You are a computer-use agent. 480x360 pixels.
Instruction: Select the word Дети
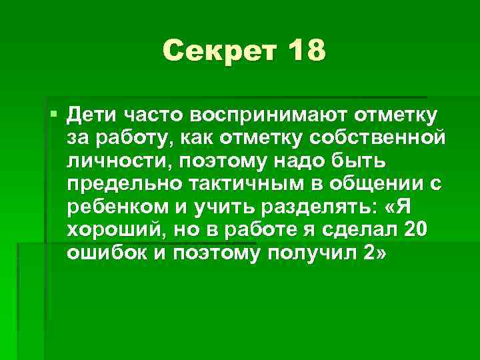93,114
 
